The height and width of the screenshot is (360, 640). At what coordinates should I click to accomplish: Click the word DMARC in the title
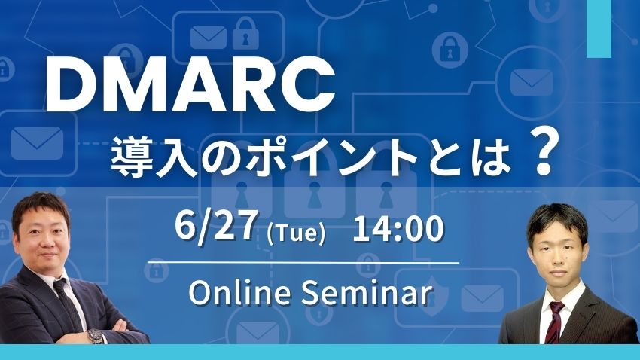point(190,87)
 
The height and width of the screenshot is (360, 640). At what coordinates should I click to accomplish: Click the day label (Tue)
point(296,233)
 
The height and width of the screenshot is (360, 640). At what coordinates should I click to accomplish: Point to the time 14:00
point(398,229)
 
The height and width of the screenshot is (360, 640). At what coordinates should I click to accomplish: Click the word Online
point(240,293)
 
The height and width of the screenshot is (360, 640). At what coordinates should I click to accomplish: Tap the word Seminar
point(366,293)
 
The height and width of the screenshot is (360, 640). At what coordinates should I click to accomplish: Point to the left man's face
point(42,237)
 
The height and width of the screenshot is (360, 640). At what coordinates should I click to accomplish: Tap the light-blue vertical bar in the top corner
point(599,29)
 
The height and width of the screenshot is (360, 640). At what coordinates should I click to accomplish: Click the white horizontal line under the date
point(303,262)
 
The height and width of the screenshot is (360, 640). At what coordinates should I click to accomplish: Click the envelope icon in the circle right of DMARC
point(532,83)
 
